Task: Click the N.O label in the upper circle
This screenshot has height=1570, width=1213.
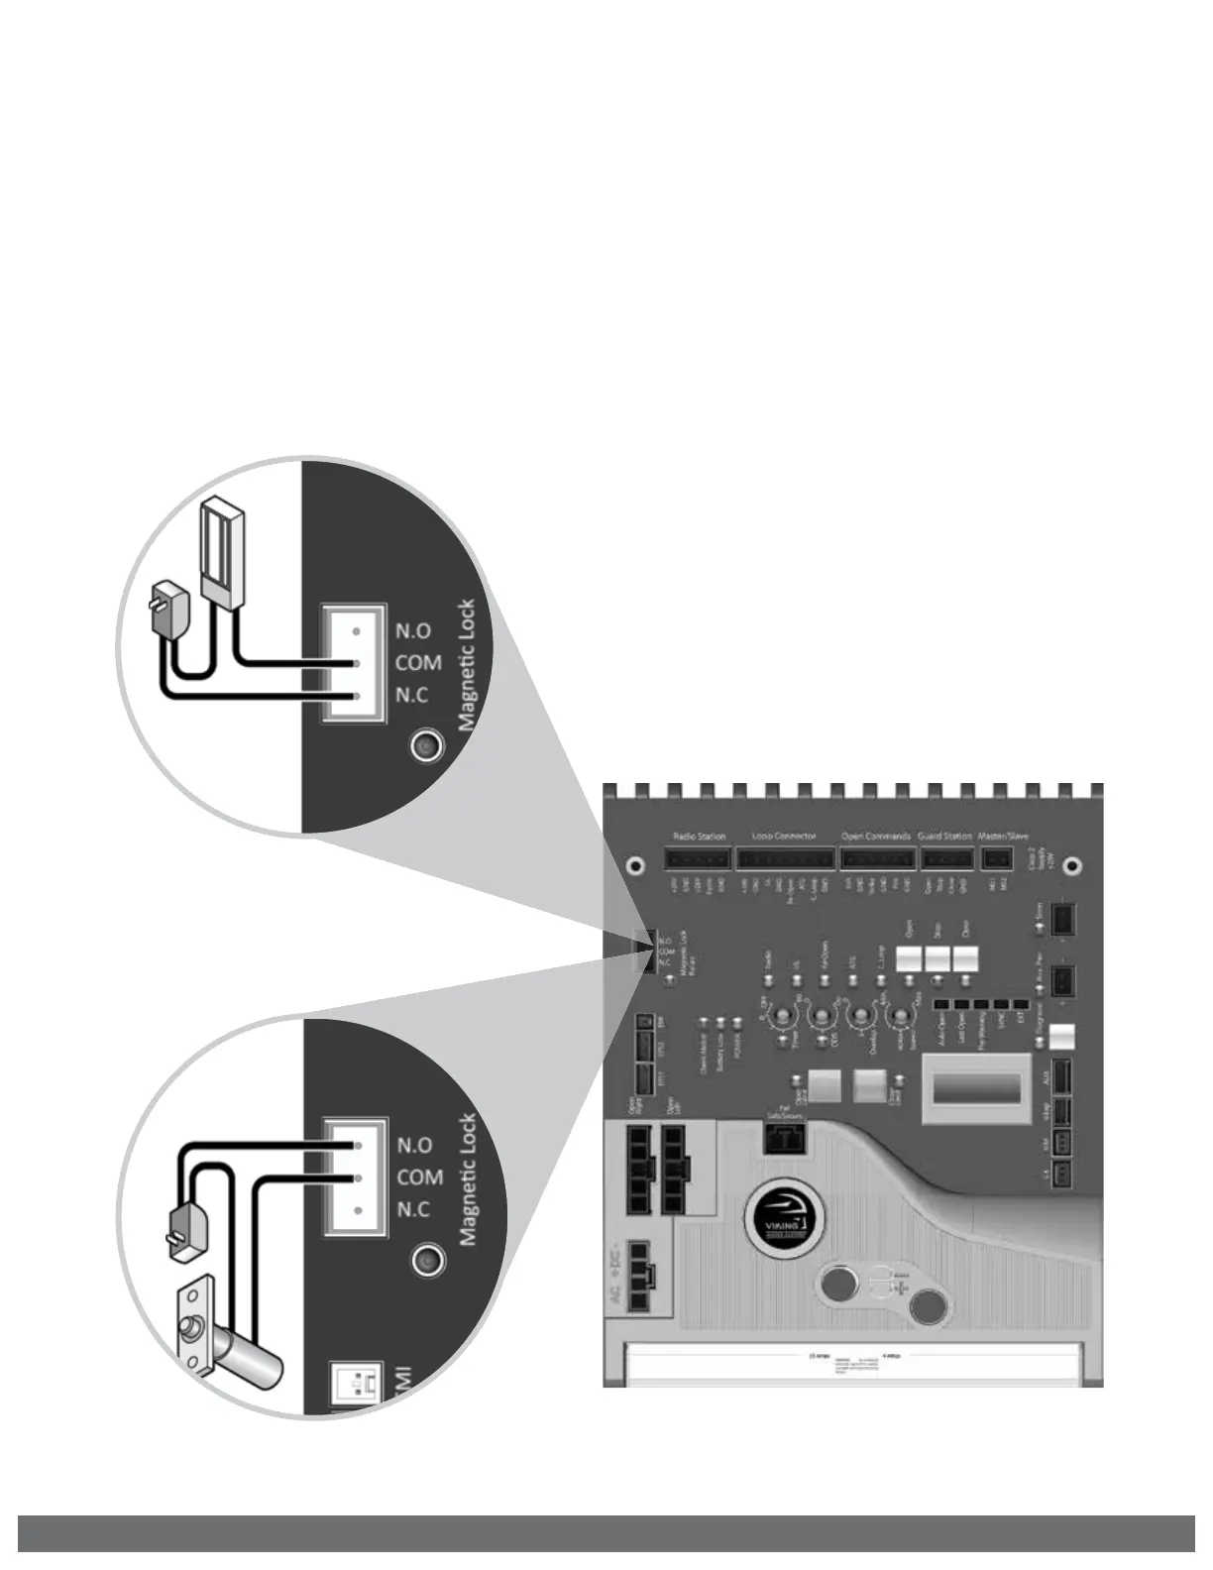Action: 412,631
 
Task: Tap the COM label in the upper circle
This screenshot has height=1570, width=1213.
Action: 418,663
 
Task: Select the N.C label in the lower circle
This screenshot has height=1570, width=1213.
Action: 413,1209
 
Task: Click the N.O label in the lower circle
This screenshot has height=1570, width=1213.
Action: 414,1146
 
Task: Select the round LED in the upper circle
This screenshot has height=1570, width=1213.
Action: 427,745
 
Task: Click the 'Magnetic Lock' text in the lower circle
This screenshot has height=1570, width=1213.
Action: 469,1179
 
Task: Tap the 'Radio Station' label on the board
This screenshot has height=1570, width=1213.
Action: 699,837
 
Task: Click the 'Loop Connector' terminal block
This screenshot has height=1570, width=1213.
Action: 783,857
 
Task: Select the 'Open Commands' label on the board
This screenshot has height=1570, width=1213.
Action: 876,837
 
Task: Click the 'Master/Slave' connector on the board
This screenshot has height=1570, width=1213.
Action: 997,858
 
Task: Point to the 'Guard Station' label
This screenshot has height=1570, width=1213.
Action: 944,837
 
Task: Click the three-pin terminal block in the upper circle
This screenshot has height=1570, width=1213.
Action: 354,663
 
